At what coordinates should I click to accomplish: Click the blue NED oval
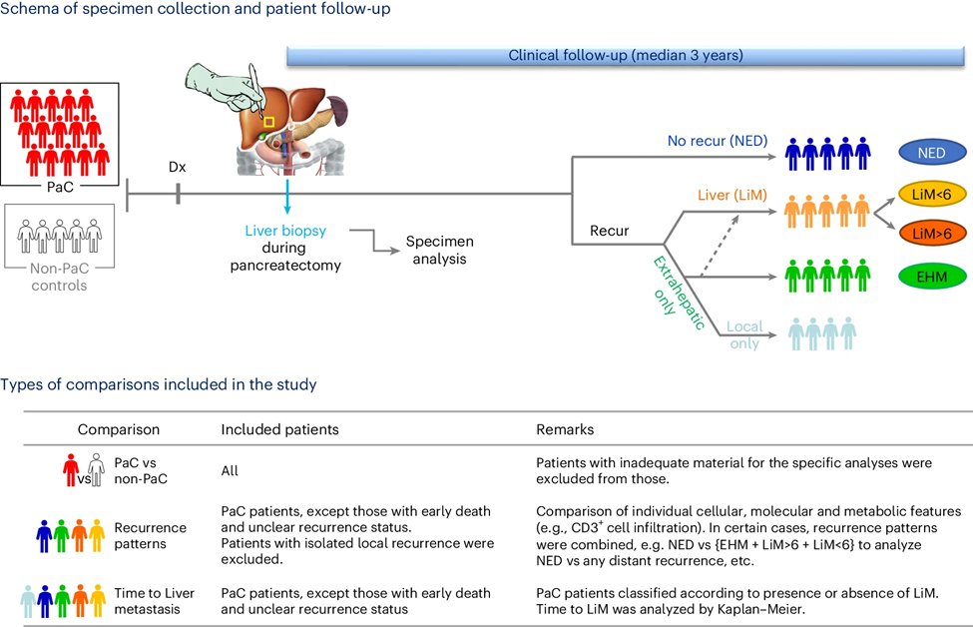[932, 153]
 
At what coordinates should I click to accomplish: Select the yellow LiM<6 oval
[932, 195]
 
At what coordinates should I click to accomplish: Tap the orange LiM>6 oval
[932, 234]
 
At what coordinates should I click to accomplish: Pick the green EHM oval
[932, 277]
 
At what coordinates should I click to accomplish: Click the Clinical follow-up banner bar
[625, 55]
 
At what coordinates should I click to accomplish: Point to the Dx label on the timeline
[178, 167]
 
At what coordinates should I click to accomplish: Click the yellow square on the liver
[268, 122]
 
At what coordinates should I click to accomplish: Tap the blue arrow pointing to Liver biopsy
[287, 198]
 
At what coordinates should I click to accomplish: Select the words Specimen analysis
[439, 251]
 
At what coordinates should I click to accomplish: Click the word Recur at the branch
[610, 231]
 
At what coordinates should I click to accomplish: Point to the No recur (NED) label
[718, 141]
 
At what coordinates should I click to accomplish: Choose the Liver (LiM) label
[732, 195]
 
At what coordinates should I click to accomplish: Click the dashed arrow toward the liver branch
[720, 246]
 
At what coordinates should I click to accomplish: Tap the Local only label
[744, 334]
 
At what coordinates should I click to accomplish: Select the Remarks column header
[565, 429]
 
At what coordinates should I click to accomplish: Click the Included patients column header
[279, 429]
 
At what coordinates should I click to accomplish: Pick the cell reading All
[230, 470]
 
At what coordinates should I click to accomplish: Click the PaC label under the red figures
[60, 187]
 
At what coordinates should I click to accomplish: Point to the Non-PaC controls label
[60, 277]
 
